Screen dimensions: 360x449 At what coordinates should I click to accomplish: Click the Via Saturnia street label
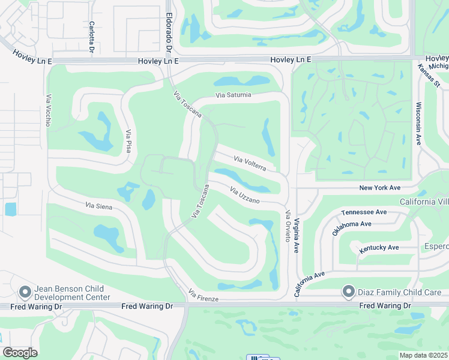click(234, 95)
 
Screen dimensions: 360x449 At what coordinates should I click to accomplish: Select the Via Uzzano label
click(244, 194)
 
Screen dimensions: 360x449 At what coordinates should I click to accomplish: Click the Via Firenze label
click(203, 295)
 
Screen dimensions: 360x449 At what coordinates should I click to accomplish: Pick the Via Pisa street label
click(128, 141)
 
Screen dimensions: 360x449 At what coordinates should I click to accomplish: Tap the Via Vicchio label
click(47, 110)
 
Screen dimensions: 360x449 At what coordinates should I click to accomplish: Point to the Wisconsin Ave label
click(418, 123)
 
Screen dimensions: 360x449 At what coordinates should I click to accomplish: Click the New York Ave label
click(379, 188)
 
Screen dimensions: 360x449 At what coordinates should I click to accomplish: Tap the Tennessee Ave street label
click(364, 212)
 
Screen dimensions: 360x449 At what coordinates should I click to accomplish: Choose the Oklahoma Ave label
click(352, 228)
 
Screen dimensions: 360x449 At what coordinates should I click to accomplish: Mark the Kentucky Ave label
click(379, 247)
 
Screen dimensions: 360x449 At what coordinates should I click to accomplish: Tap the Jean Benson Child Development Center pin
click(25, 292)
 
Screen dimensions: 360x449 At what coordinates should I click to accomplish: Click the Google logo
click(20, 353)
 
